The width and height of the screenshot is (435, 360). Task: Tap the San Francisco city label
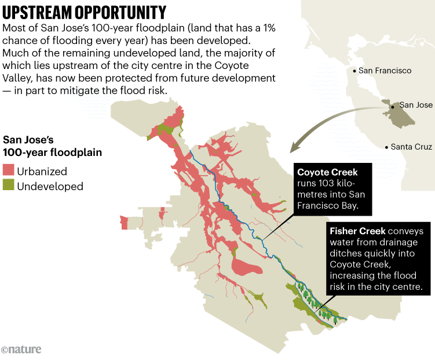pos(385,71)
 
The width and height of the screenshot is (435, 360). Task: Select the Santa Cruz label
pos(411,147)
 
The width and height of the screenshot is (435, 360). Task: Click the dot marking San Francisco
pos(354,71)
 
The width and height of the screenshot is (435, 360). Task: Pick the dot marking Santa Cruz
pos(386,147)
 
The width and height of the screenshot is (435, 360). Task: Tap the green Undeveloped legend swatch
pos(9,186)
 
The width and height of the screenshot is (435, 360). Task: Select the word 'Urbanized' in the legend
pos(42,172)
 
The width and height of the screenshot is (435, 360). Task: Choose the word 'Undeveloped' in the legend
pos(50,187)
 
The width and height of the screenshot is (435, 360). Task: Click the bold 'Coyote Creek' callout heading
pos(327,172)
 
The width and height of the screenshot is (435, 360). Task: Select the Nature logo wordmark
pos(21,350)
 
